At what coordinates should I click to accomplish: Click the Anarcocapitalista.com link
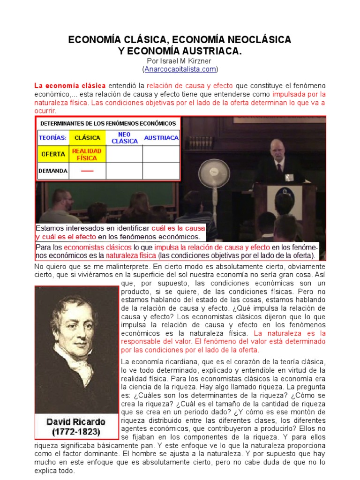tap(180, 69)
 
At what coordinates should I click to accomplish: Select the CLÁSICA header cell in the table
tap(87, 138)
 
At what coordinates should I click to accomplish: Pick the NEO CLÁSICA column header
tap(124, 138)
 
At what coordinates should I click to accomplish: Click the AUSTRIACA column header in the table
tap(161, 138)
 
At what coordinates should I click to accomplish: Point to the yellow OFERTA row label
tap(52, 154)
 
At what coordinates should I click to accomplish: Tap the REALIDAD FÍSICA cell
tap(87, 154)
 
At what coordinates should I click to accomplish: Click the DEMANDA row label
tap(52, 171)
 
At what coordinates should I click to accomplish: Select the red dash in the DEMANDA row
tap(87, 171)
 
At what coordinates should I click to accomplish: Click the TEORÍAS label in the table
tap(52, 138)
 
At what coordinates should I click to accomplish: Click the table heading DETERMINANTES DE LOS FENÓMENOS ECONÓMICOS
tap(108, 124)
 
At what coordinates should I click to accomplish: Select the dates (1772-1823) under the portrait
tap(76, 431)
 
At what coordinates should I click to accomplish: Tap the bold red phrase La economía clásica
tap(69, 86)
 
